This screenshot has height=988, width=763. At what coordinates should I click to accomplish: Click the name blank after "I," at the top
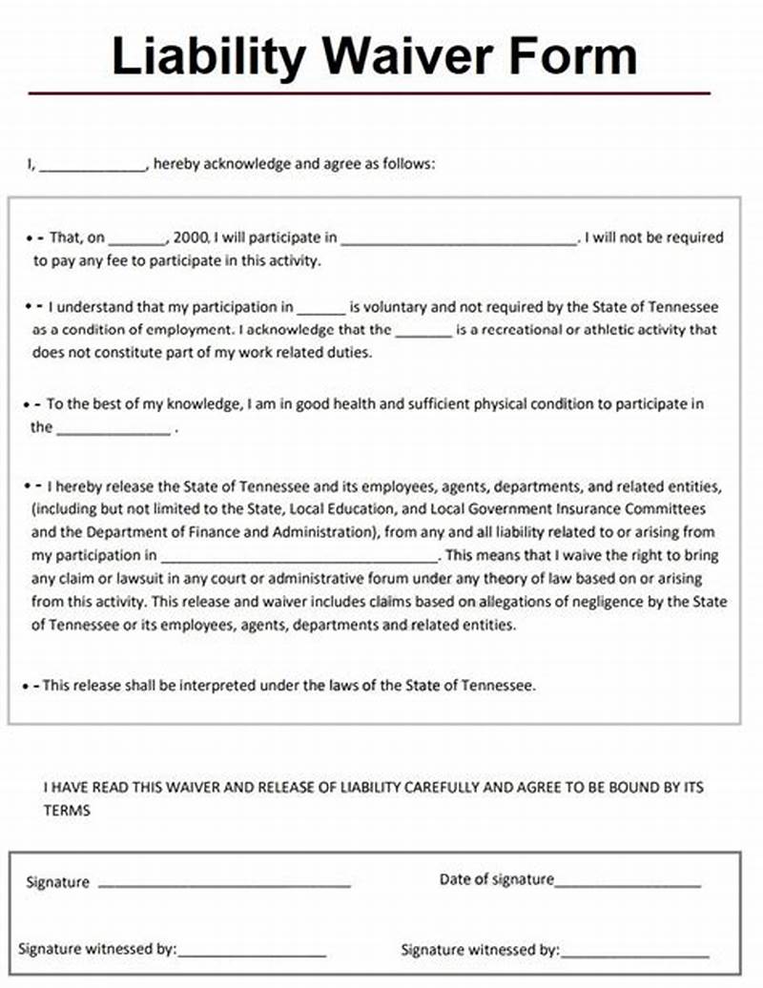92,165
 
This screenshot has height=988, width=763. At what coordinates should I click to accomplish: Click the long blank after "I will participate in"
459,239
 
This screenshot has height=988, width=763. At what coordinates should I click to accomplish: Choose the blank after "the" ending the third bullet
114,429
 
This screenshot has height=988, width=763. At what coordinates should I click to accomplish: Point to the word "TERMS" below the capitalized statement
67,810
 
